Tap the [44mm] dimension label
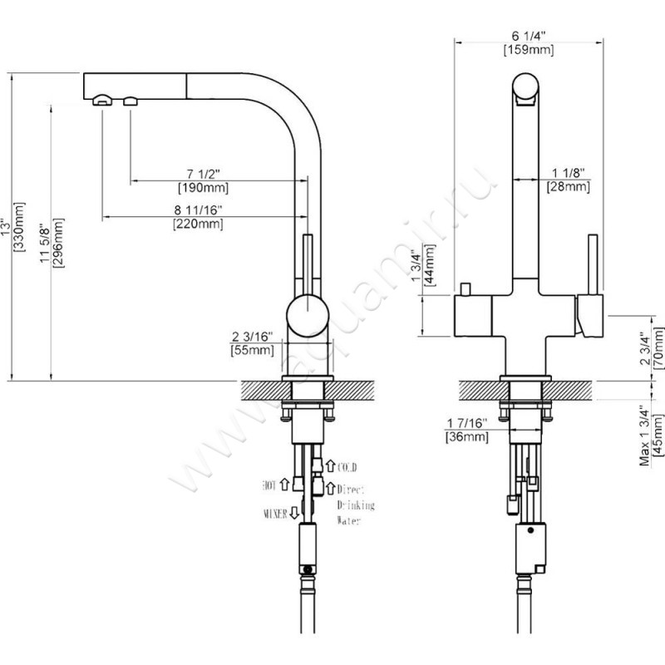(431, 264)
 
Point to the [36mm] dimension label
(466, 436)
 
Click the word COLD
(347, 466)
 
